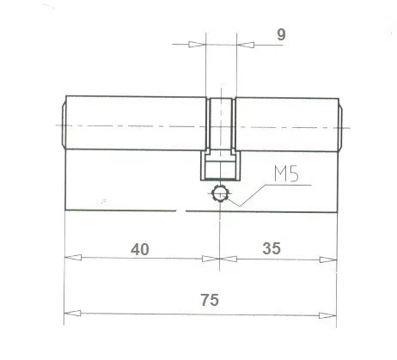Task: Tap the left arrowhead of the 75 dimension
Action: tap(71, 311)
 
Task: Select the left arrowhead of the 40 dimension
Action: tap(71, 258)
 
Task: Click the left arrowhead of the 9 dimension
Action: tap(200, 45)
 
